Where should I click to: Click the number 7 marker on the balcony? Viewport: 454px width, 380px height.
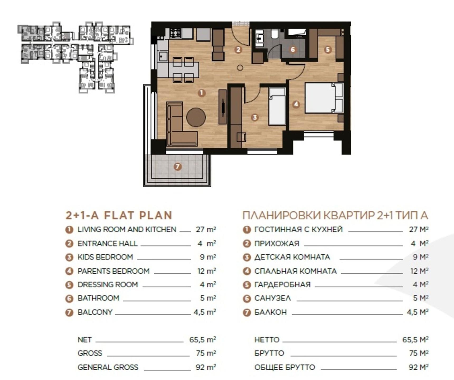point(177,167)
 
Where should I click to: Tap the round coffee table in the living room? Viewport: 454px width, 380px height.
point(196,117)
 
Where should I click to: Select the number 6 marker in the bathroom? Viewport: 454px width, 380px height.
point(292,49)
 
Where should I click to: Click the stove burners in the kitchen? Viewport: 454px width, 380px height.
point(175,33)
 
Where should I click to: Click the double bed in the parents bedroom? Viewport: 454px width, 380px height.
point(324,98)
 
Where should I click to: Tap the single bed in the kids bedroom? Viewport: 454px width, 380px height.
point(277,106)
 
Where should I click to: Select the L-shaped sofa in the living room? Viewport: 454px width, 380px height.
point(178,127)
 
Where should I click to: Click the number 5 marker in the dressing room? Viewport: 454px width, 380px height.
point(328,49)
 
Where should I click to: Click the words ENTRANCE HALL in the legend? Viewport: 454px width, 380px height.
point(107,243)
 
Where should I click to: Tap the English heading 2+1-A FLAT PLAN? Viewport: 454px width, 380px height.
point(119,215)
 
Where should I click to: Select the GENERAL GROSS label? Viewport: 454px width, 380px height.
point(108,367)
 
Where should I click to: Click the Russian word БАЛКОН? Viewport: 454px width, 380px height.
point(270,312)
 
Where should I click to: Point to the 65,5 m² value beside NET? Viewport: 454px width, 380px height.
point(203,339)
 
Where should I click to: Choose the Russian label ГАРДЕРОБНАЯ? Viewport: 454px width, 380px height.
point(282,284)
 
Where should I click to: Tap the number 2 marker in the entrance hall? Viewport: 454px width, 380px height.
point(238,49)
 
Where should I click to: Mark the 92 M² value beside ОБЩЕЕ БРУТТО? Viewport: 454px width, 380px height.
point(418,367)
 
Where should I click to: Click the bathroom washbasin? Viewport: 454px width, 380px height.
point(259,38)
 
